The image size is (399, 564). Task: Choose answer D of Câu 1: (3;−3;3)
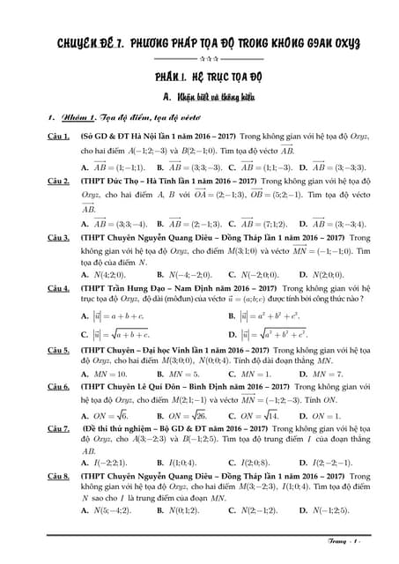click(336, 167)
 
